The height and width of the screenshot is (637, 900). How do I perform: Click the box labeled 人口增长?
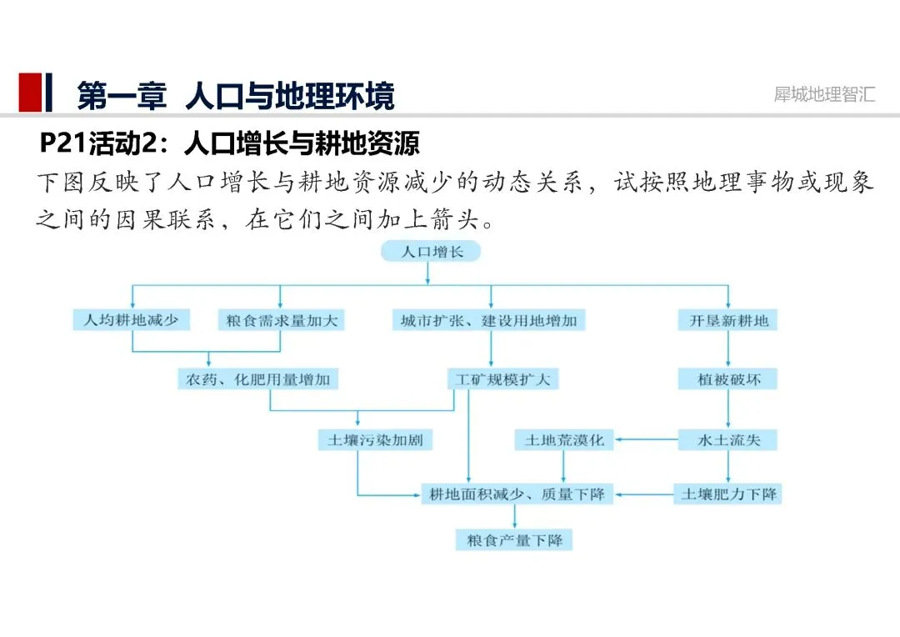(430, 251)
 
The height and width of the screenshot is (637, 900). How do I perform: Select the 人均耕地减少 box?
(131, 320)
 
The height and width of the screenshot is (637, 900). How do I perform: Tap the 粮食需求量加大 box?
(280, 320)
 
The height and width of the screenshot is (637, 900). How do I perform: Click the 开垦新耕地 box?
(727, 320)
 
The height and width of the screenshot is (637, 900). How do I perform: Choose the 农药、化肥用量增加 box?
(258, 379)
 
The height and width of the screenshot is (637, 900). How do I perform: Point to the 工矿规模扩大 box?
(502, 379)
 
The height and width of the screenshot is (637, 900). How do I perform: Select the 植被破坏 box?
(727, 379)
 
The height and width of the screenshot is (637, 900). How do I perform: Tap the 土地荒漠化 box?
(564, 439)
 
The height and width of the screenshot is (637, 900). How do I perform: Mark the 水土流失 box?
(727, 439)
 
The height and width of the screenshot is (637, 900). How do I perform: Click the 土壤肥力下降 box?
(727, 494)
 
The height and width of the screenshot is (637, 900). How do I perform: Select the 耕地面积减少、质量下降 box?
(517, 494)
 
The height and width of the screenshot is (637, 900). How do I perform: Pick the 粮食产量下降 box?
(513, 540)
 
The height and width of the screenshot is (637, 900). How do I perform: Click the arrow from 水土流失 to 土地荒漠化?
(646, 439)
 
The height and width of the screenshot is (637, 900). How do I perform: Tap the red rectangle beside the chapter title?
(30, 93)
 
